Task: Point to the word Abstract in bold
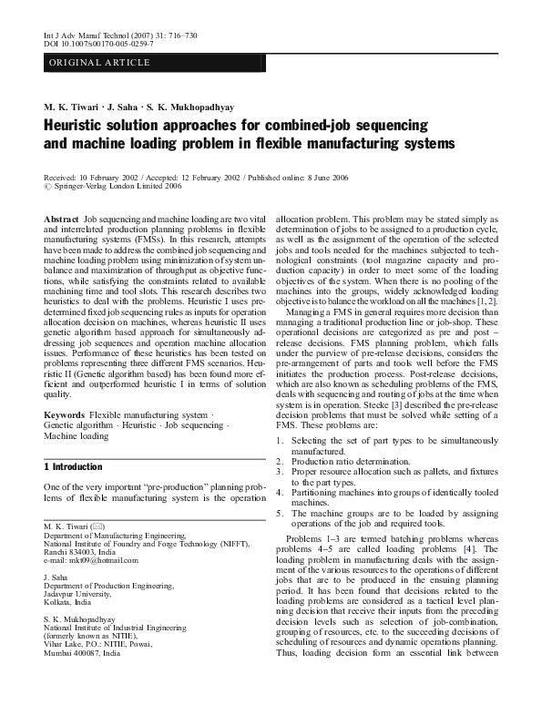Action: click(61, 221)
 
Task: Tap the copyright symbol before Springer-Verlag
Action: click(48, 186)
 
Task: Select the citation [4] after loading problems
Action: click(466, 549)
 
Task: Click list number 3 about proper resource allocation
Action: click(279, 473)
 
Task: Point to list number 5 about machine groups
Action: click(279, 513)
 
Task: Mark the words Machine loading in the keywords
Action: click(76, 436)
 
